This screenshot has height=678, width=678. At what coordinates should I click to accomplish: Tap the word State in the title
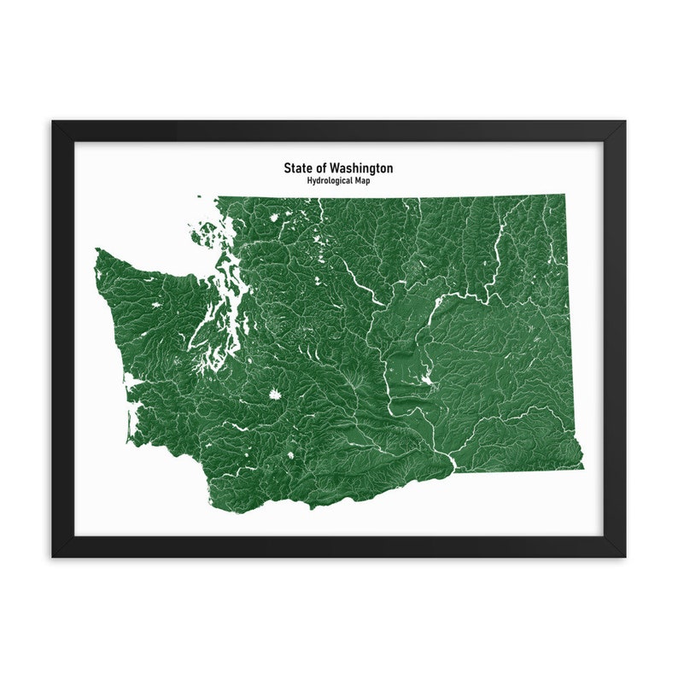tap(298, 168)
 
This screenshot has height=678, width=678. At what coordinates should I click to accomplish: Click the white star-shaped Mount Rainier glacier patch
tap(274, 395)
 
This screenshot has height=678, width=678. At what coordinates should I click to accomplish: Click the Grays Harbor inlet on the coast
tap(132, 382)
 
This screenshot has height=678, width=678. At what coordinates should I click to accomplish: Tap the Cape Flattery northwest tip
tap(96, 250)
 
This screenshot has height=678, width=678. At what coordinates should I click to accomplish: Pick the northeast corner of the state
tap(564, 196)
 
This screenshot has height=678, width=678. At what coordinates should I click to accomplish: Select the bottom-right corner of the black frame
tap(623, 556)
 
